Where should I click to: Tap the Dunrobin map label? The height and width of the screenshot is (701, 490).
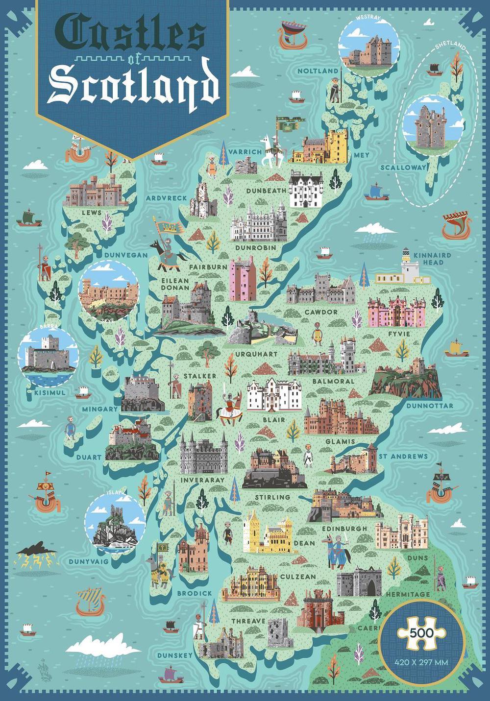[x=255, y=248]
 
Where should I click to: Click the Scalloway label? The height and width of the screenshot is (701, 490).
[x=403, y=168]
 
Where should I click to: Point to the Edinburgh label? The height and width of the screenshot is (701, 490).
[x=344, y=529]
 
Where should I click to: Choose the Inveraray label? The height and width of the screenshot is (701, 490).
[x=202, y=480]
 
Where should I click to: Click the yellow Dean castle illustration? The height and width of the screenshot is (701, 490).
[x=269, y=535]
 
